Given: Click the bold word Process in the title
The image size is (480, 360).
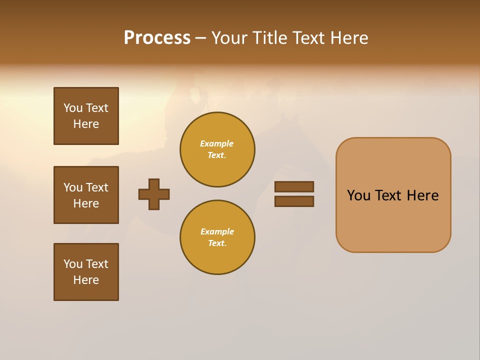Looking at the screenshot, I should [x=157, y=38].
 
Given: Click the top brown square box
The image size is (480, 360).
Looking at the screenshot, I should [x=86, y=116].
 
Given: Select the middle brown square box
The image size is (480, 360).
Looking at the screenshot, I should [x=86, y=195].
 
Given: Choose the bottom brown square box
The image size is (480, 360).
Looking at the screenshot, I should [x=86, y=272].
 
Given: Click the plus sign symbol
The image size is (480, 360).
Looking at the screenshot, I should [x=154, y=194].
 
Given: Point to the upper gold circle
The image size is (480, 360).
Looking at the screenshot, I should [x=217, y=149].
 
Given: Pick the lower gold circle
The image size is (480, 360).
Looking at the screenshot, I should [x=217, y=237].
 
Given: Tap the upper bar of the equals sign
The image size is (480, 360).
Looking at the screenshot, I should [x=294, y=187].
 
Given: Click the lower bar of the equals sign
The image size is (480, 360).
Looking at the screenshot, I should [x=294, y=201].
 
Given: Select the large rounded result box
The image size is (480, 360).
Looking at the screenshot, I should [x=393, y=195].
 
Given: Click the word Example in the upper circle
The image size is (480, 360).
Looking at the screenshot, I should [x=217, y=143].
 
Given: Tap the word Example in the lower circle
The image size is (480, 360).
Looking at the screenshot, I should [x=217, y=231].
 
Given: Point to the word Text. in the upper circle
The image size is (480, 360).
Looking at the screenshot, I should [x=217, y=155].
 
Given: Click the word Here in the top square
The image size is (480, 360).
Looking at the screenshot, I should [x=86, y=124].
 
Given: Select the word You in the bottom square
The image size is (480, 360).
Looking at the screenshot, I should [x=73, y=264].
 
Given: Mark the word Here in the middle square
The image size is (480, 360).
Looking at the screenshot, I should [x=86, y=203].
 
